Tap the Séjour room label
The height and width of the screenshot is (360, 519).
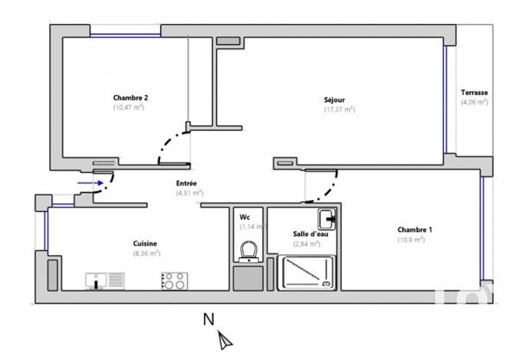(x=340, y=100)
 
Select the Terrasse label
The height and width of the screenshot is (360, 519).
(x=474, y=92)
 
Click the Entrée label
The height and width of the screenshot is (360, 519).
(x=187, y=183)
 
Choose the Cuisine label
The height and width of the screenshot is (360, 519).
(x=145, y=243)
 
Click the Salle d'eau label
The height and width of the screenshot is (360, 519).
(x=309, y=235)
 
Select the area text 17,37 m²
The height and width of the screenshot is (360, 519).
(x=340, y=110)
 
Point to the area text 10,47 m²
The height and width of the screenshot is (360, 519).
(x=129, y=108)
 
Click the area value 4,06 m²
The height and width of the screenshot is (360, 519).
(x=474, y=102)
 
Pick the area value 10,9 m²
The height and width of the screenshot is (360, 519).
(x=410, y=240)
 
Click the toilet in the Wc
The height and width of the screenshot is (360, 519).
(x=249, y=250)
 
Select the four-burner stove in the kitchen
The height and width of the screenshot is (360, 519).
(x=173, y=280)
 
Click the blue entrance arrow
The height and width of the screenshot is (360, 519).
(x=88, y=183)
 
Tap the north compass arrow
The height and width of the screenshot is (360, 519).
(x=226, y=339)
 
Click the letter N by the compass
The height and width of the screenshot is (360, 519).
(x=208, y=319)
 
